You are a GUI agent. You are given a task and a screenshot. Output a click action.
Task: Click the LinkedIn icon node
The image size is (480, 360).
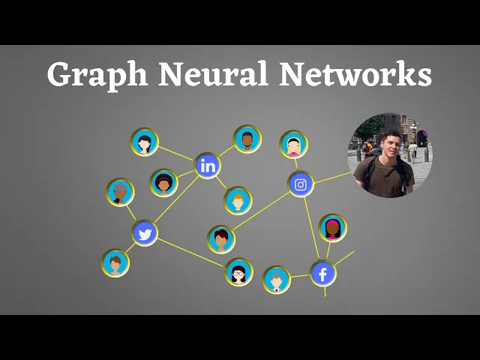click(208, 166)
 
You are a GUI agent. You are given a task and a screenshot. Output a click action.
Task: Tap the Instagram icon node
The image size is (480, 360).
click(301, 184)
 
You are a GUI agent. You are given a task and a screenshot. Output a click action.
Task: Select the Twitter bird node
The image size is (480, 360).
click(145, 234)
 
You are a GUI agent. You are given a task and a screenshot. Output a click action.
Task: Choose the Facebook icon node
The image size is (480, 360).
click(323, 274)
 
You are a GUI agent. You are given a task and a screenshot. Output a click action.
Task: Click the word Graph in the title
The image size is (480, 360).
click(94, 76)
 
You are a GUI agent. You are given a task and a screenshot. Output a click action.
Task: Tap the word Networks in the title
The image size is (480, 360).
click(356, 74)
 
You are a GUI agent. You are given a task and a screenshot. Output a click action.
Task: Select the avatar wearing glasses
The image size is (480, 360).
click(239, 271)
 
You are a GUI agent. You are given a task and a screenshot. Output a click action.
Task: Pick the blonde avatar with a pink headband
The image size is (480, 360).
click(293, 145)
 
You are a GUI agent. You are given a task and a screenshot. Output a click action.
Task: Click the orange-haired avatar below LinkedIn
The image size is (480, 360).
click(238, 200)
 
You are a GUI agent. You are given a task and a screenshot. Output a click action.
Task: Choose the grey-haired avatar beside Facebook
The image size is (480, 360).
click(277, 280)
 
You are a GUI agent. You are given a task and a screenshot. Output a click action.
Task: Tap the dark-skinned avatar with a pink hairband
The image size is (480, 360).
click(332, 228)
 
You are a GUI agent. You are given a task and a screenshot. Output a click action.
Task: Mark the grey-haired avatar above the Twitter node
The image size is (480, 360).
click(120, 192)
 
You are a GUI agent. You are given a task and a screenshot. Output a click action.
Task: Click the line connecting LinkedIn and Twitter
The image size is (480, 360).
click(176, 200)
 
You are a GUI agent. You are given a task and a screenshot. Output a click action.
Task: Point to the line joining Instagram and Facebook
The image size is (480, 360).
click(312, 229)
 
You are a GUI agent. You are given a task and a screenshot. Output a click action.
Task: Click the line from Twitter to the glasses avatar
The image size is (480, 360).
click(191, 252)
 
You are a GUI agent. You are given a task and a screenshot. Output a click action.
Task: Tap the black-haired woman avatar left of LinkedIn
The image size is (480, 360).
click(145, 141)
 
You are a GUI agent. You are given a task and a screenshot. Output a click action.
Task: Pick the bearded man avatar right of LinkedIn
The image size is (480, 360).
click(247, 139)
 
